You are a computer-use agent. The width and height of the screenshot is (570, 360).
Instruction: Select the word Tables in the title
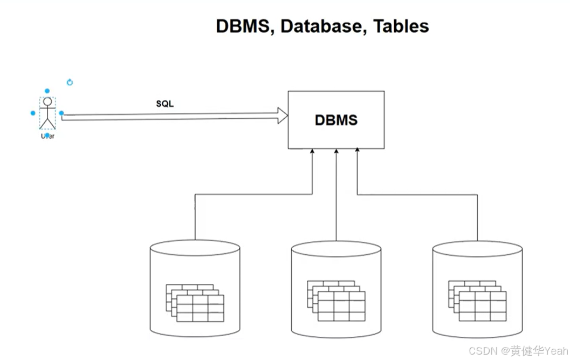(401, 26)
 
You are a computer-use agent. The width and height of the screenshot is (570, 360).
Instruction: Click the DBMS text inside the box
(336, 120)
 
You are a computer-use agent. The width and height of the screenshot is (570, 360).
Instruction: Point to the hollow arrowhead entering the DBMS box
(283, 115)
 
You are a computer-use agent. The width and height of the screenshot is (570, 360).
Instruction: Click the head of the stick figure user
(47, 101)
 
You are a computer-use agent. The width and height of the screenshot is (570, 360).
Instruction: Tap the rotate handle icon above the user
(70, 83)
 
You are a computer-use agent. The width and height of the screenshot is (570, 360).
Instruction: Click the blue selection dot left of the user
(33, 113)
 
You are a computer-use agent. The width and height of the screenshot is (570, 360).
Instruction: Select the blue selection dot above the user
(47, 91)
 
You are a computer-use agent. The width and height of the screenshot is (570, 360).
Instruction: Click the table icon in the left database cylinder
(195, 302)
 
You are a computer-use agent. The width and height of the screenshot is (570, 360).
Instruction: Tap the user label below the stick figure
(47, 136)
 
